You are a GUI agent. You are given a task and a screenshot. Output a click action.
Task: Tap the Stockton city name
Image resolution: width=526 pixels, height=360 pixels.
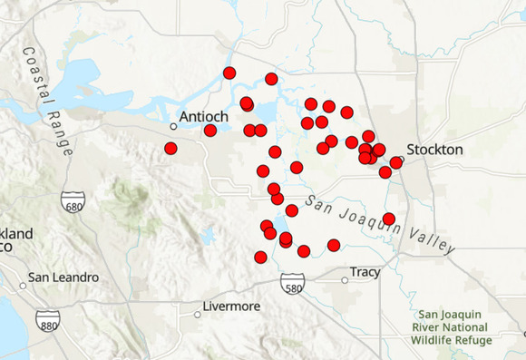pos(434,149)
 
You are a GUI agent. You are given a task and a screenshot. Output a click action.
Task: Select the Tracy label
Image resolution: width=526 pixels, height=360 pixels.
pos(367,272)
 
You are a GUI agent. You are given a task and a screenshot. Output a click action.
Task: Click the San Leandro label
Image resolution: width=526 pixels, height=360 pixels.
pos(62,277)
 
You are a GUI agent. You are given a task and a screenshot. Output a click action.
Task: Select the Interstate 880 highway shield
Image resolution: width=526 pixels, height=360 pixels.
pos(49,320)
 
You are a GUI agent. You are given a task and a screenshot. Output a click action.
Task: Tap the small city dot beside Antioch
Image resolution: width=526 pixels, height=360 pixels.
pos(173,126)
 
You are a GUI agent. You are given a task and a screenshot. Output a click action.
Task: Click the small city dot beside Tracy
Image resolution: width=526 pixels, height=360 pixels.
pos(345,280)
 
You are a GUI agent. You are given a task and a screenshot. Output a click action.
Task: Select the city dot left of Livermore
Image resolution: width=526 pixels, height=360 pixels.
pos(198,315)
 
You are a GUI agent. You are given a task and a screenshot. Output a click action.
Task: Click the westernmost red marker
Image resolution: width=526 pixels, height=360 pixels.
pos(170,148)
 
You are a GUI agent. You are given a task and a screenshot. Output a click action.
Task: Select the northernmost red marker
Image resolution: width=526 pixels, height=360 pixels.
pos(229,73)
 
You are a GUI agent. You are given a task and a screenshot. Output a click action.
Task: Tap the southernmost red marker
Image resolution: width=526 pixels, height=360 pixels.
pos(260,258)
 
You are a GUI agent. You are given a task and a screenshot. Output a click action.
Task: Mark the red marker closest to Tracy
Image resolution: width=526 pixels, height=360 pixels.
pos(334,245)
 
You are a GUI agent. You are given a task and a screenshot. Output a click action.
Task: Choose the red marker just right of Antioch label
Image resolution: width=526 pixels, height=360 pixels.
pos(210,131)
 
